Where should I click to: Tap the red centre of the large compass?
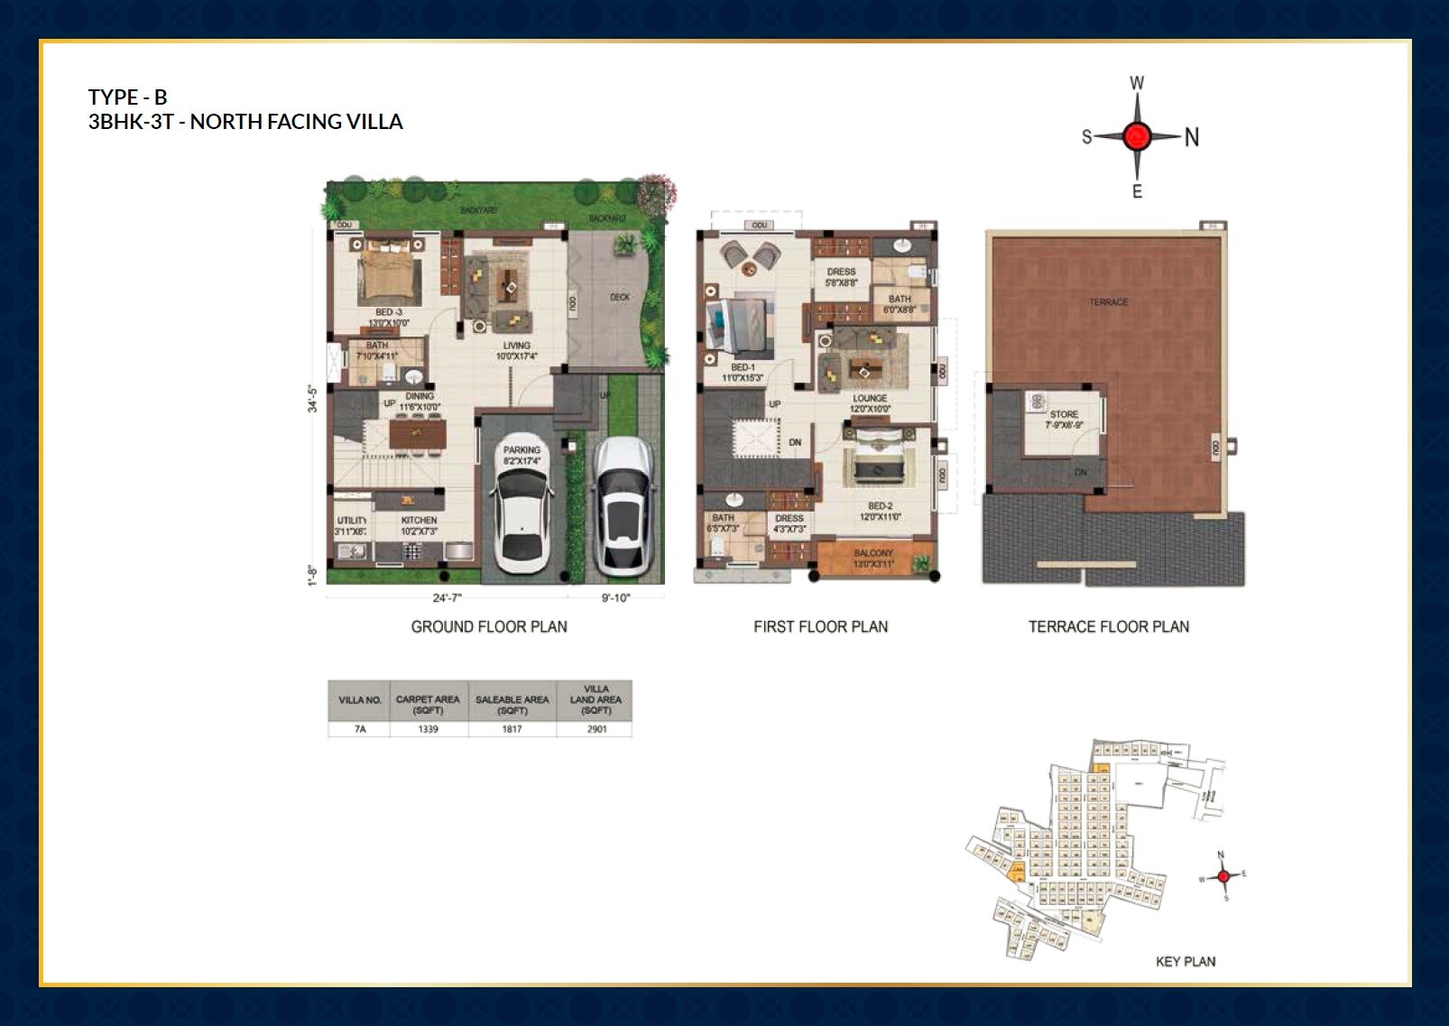(1137, 137)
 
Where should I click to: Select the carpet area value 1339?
(428, 729)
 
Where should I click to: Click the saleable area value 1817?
(512, 729)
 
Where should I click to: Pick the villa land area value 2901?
(596, 729)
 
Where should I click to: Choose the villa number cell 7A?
(359, 729)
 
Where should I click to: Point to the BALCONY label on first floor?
(872, 553)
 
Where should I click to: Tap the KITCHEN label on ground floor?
(419, 521)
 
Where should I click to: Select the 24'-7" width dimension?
(447, 597)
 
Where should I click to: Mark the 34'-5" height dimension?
(313, 398)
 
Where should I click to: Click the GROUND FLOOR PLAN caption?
(489, 626)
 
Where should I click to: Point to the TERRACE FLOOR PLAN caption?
(1108, 626)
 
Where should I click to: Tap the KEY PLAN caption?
(1185, 962)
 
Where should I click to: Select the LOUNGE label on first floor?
(870, 398)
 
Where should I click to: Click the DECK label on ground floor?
(620, 297)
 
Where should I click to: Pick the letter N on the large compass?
(1191, 137)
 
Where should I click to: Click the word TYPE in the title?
(113, 97)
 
